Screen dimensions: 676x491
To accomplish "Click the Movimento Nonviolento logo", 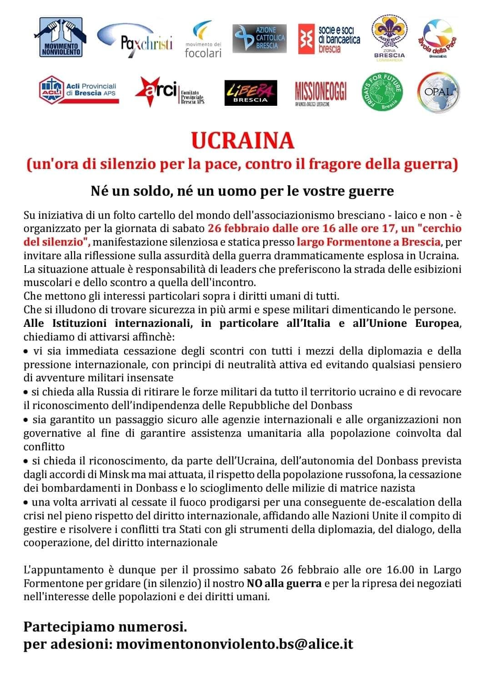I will [x=61, y=37].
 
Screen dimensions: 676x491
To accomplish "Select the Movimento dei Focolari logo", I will [x=203, y=40].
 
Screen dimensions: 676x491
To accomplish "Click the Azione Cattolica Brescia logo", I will [x=260, y=38].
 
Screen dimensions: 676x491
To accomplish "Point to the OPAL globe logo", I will [x=438, y=91].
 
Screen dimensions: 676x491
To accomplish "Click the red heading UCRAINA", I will [x=243, y=141].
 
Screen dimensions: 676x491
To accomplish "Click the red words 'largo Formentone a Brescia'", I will [x=368, y=242].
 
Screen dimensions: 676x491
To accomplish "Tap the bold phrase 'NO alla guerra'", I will [x=284, y=583].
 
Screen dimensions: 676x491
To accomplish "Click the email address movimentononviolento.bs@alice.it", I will [x=235, y=644].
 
